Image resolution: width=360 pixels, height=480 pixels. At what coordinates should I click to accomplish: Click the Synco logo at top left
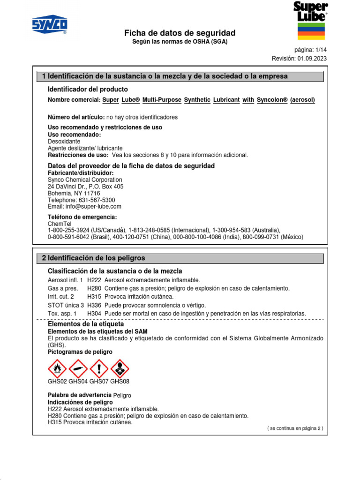[x=49, y=25]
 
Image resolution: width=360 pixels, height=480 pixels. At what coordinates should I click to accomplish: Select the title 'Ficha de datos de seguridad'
[x=180, y=33]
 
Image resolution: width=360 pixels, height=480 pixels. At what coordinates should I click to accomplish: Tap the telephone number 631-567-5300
[x=95, y=200]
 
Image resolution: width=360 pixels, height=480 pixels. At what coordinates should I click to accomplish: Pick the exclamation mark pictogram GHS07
[x=99, y=369]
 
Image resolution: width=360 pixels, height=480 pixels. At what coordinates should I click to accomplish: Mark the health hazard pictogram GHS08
[x=120, y=369]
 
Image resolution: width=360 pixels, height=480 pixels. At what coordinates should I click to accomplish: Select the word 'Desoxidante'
[x=64, y=141]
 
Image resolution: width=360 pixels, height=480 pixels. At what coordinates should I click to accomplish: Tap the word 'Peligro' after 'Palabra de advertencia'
[x=122, y=396]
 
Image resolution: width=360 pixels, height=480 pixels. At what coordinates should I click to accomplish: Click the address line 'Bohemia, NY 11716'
[x=74, y=193]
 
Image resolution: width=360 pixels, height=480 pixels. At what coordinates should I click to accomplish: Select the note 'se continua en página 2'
[x=295, y=428]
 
